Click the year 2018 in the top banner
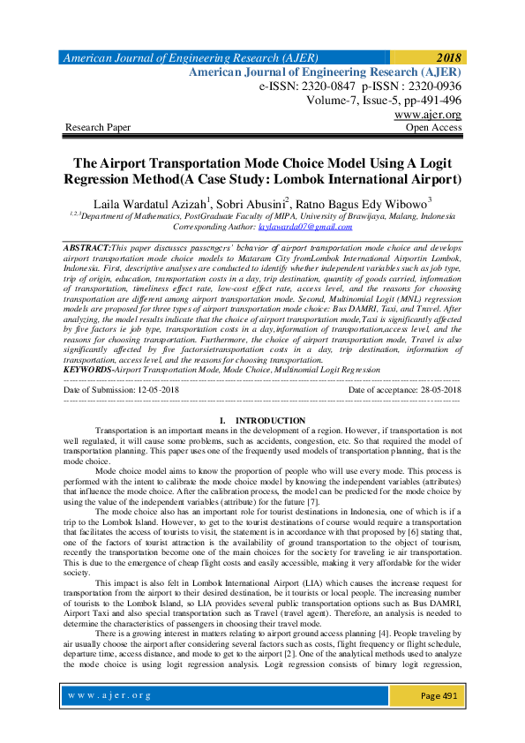[446, 57]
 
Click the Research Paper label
[98, 128]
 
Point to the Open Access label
[432, 128]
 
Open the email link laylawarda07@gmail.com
[287, 227]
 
